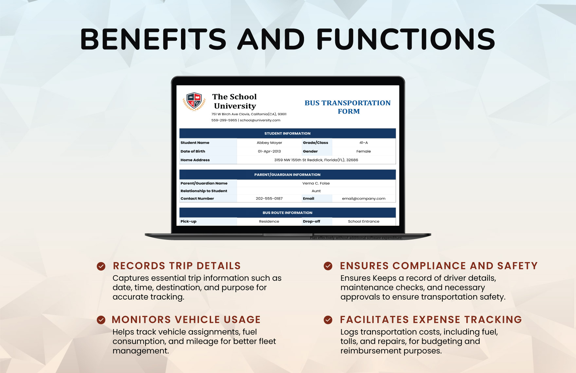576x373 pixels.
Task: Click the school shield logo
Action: (194, 101)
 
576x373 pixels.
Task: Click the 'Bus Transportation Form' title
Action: (348, 107)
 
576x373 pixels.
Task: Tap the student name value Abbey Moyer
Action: (269, 143)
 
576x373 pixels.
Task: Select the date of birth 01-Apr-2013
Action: (269, 151)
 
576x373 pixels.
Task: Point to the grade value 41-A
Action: (364, 143)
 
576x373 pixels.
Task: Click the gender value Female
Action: (364, 151)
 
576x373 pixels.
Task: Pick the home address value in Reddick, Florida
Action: (316, 160)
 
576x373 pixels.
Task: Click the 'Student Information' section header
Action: (287, 133)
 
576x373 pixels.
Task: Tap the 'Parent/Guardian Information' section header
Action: (287, 175)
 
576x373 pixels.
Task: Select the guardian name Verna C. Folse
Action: (316, 183)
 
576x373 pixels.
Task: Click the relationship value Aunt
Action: (316, 191)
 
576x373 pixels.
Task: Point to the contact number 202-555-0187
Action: (269, 199)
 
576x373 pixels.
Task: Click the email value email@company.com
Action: (364, 199)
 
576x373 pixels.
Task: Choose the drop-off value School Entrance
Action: (364, 222)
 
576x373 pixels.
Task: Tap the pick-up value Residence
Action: (269, 222)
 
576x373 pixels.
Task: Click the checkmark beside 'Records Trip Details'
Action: (101, 266)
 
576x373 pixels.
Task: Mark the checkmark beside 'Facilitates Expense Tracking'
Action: (328, 320)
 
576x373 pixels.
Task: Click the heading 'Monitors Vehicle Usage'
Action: (186, 319)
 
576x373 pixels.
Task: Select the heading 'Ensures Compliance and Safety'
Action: (439, 266)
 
